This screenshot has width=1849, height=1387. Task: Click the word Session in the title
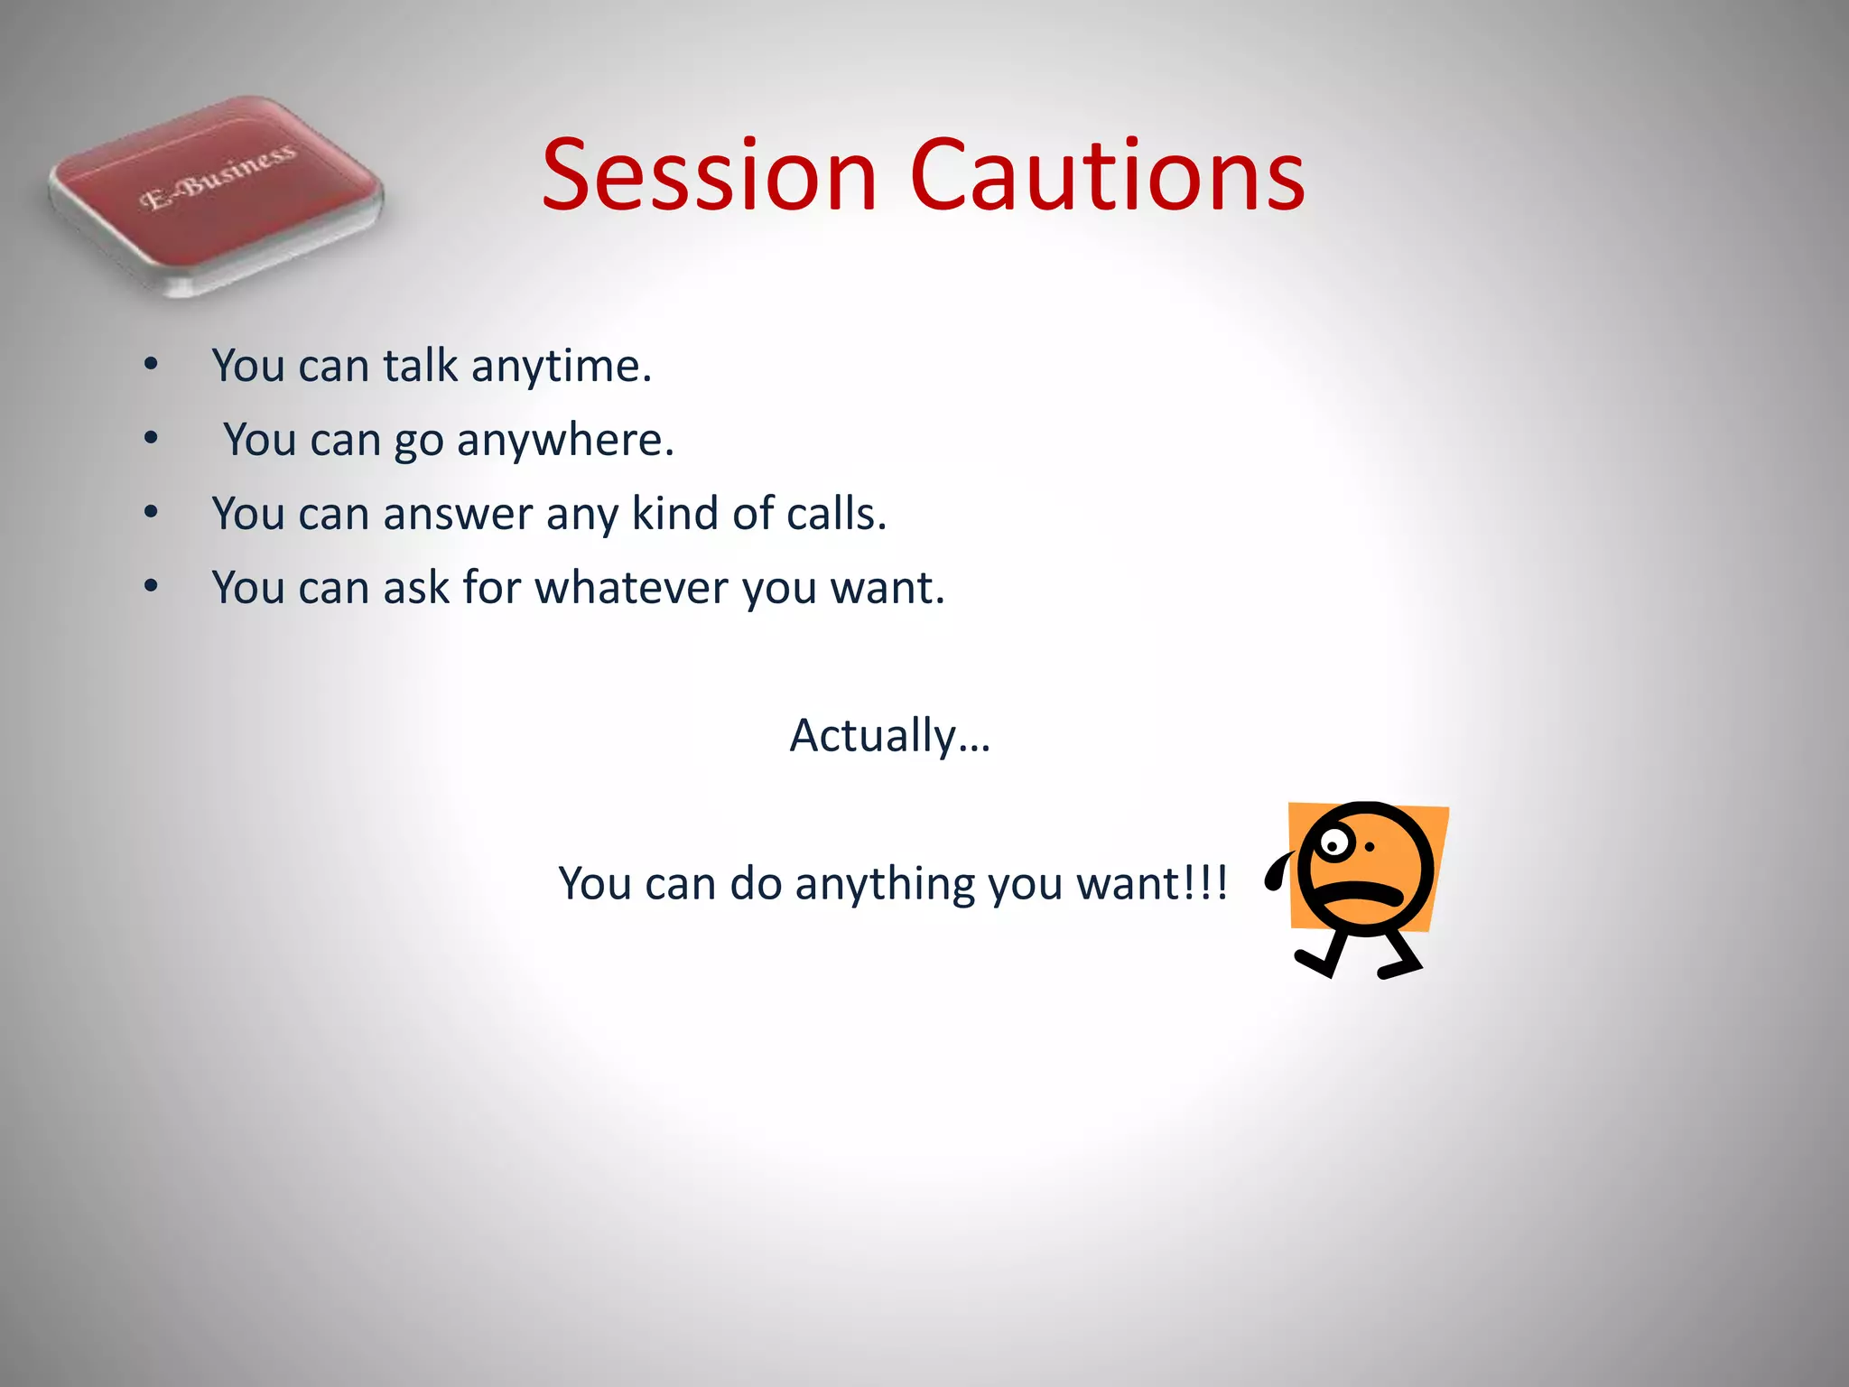[x=709, y=176]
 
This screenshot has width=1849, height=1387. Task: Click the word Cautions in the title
[x=1108, y=176]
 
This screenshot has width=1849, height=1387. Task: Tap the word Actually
[x=872, y=736]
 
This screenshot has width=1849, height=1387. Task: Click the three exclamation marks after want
[x=1205, y=883]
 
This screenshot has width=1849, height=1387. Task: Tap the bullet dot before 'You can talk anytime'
[x=151, y=365]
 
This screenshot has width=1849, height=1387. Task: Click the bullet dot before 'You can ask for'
[x=151, y=587]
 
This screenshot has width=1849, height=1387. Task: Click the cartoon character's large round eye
[x=1333, y=845]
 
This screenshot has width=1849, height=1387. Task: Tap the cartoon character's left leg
[x=1320, y=955]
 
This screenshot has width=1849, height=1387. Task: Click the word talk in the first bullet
[x=420, y=367]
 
